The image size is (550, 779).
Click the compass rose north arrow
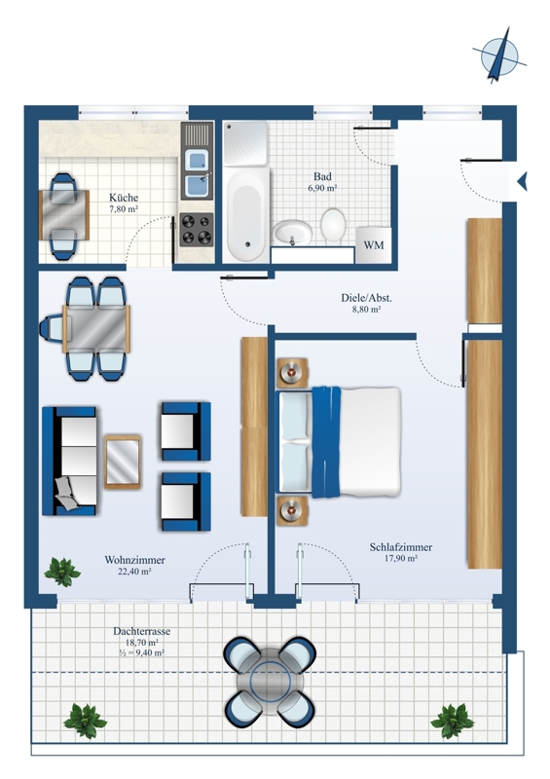(x=499, y=55)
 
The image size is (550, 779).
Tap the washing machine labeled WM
(x=374, y=245)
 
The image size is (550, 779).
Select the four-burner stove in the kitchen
(x=197, y=230)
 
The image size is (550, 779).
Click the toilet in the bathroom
(x=332, y=225)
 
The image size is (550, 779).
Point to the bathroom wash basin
(x=292, y=233)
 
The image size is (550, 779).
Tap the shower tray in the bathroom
(x=245, y=142)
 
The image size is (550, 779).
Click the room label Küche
(x=124, y=198)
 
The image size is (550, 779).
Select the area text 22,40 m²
(x=134, y=572)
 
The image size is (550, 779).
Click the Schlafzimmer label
(x=400, y=547)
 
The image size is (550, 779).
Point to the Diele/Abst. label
(x=366, y=298)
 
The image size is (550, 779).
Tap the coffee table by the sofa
(x=123, y=462)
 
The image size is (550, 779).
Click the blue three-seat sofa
(x=69, y=461)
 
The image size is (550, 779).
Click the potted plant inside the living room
(x=62, y=572)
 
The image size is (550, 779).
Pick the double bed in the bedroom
(x=339, y=442)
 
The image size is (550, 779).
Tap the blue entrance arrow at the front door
(x=522, y=181)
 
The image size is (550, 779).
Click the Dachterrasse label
(x=141, y=631)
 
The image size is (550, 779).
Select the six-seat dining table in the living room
(x=96, y=329)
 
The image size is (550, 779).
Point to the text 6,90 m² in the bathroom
(x=322, y=188)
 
